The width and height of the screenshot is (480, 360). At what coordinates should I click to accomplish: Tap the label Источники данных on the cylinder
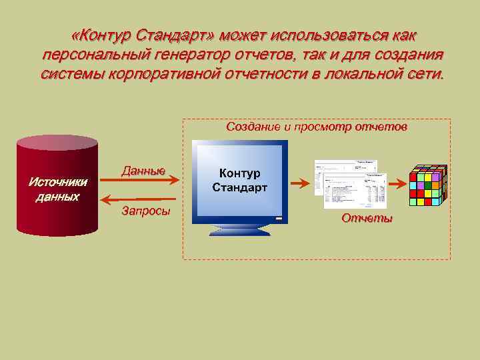[57, 189]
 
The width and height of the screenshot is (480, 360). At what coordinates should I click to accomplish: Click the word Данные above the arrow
[143, 171]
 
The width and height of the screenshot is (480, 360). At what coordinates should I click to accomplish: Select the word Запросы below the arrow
[146, 211]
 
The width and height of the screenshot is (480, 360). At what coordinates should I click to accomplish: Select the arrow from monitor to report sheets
[299, 181]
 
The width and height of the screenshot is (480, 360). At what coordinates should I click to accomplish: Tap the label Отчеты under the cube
[367, 218]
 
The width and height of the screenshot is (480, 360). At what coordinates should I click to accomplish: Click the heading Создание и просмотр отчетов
[316, 126]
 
